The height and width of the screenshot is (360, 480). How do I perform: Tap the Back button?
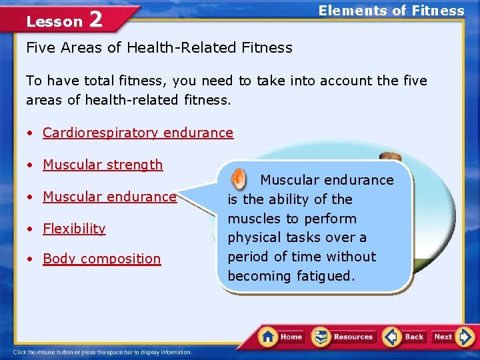pos(404,337)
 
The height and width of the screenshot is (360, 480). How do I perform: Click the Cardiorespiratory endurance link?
pos(138,133)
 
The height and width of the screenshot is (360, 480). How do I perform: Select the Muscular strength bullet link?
pos(103,165)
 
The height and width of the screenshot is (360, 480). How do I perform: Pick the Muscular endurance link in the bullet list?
pos(109,197)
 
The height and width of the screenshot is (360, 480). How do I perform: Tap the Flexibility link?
pos(74,229)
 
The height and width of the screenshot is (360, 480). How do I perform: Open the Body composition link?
pos(102,259)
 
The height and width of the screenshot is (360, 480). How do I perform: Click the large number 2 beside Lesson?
pos(95,20)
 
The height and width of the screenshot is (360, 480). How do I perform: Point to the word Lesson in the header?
pos(54,21)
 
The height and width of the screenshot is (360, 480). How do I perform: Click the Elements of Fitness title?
pos(391,10)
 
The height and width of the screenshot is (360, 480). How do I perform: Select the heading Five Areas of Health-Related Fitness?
pos(159,47)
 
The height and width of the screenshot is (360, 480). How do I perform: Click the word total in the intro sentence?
pos(115,81)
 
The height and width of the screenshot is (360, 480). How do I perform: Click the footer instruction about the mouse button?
pos(103,352)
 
